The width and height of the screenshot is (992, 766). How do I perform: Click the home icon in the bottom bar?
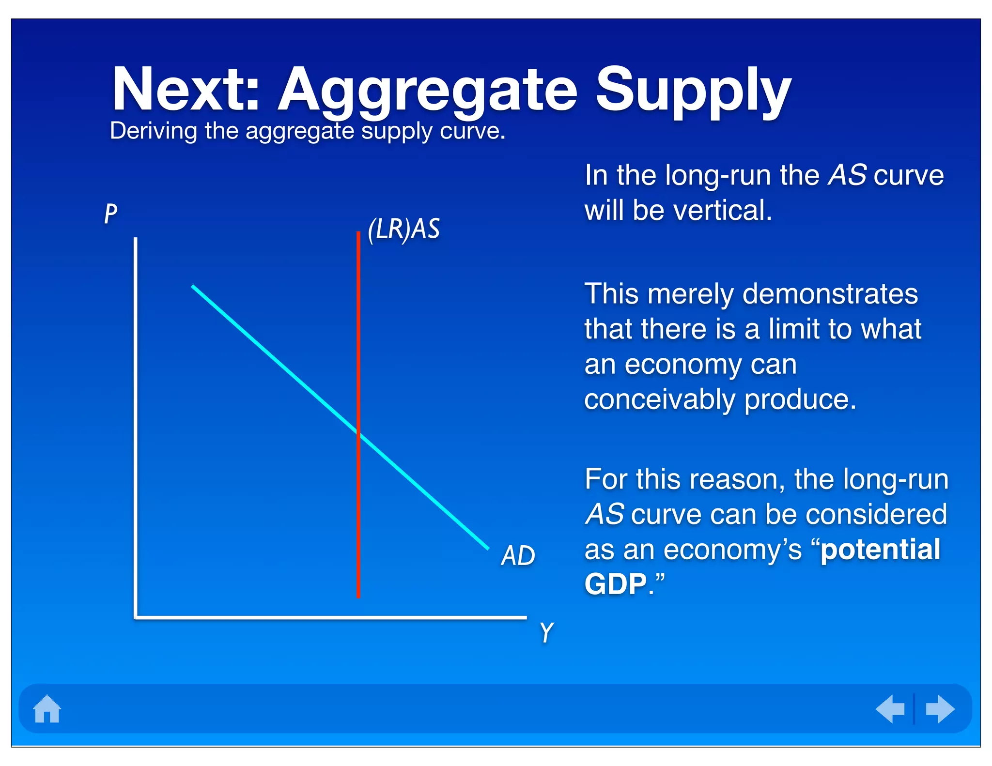47,709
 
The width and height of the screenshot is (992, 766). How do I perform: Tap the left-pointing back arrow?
890,709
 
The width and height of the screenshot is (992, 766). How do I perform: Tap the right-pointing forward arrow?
940,709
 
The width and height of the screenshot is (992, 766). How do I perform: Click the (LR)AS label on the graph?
403,229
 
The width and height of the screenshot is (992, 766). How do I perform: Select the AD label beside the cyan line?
518,555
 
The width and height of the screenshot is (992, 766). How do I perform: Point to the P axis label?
111,214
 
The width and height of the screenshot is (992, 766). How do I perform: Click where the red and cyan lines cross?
358,432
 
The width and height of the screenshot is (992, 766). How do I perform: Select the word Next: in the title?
186,91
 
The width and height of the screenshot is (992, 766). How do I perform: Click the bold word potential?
880,550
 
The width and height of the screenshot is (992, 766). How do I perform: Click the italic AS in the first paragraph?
847,175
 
